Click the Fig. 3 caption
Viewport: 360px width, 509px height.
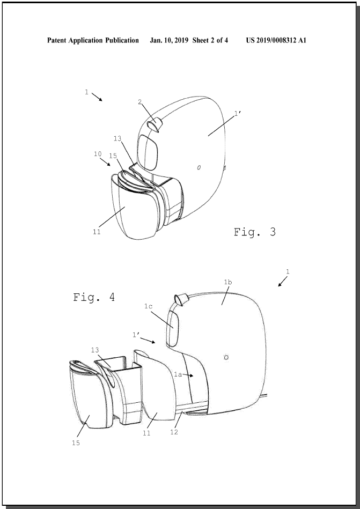click(255, 232)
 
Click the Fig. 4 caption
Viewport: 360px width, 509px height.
click(94, 297)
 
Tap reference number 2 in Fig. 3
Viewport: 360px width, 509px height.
click(140, 102)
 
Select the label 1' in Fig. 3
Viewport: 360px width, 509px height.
click(238, 113)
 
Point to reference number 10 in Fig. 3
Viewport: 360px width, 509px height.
click(98, 154)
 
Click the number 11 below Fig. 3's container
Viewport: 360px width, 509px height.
click(97, 232)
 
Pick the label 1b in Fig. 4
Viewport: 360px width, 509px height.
click(228, 282)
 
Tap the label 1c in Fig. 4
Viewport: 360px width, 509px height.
click(149, 306)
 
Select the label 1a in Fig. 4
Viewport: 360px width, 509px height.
click(178, 374)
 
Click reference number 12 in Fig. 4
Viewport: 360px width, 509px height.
click(174, 432)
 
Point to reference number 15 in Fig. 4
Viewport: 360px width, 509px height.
click(76, 443)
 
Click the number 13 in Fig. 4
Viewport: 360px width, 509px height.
click(95, 350)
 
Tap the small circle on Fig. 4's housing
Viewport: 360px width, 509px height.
click(226, 357)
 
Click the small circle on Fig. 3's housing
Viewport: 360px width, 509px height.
click(199, 167)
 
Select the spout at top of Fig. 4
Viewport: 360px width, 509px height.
click(182, 299)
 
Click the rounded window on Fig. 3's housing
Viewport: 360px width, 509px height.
click(148, 152)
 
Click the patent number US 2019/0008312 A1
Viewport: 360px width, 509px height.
click(276, 40)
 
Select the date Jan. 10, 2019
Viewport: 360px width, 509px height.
click(170, 40)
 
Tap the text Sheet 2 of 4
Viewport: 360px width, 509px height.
click(210, 40)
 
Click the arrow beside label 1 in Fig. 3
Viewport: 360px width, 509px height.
click(97, 97)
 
